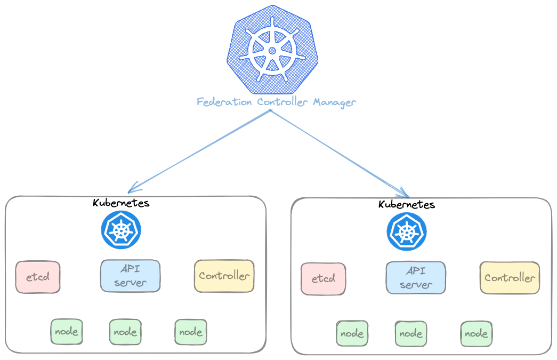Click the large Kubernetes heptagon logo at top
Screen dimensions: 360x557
[x=272, y=50]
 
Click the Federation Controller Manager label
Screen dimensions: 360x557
[x=276, y=102]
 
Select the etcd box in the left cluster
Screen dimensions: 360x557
[x=38, y=277]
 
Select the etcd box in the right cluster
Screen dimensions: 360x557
[x=323, y=278]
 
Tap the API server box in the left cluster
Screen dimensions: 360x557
[x=130, y=276]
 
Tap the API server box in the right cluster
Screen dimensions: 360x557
[x=415, y=277]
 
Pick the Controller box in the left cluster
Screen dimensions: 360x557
[x=224, y=276]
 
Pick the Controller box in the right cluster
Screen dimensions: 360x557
[x=510, y=277]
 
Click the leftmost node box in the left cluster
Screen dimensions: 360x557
[x=67, y=332]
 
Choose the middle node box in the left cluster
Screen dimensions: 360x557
[x=125, y=332]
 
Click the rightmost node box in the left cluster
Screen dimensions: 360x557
[x=191, y=332]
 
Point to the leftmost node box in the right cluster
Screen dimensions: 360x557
[x=352, y=333]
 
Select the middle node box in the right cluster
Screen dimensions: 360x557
[x=411, y=333]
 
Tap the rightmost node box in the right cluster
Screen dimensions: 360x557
[x=476, y=333]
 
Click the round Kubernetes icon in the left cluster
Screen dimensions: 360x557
[x=121, y=230]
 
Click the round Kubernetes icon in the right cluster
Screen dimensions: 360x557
[x=407, y=231]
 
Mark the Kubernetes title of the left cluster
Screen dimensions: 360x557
[x=121, y=203]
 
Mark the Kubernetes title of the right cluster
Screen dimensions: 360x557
[x=407, y=204]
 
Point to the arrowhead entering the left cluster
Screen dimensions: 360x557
[x=131, y=189]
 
